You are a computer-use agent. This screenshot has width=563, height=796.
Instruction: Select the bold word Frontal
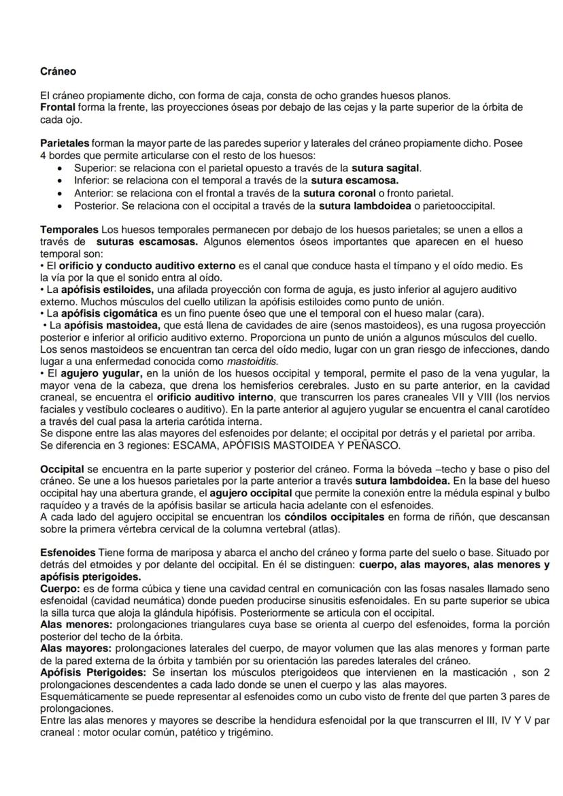click(x=57, y=107)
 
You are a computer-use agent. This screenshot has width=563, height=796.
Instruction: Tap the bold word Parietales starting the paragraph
click(x=65, y=144)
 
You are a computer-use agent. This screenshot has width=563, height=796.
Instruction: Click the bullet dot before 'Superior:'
click(x=63, y=168)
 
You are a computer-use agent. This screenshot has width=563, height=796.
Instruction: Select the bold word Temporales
click(x=69, y=229)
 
